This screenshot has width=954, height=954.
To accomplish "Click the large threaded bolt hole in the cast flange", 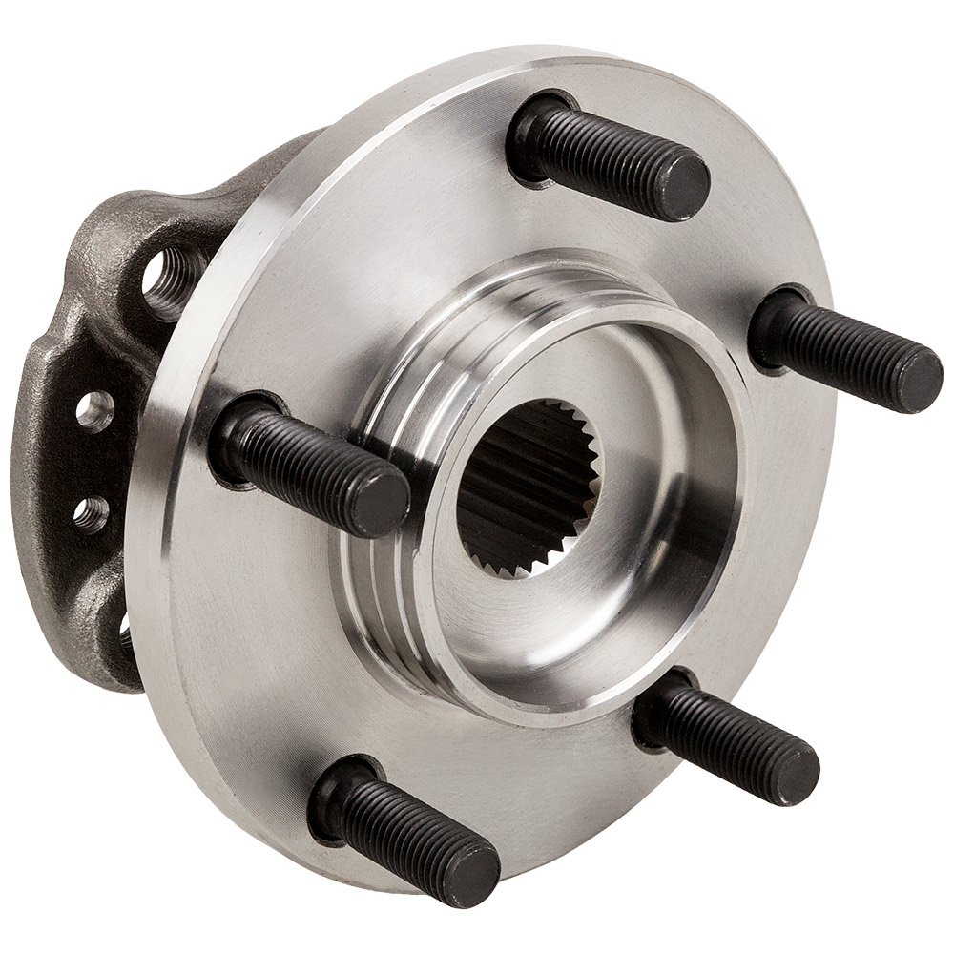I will click(x=169, y=280).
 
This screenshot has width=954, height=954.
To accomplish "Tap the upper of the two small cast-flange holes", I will click(x=93, y=409).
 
